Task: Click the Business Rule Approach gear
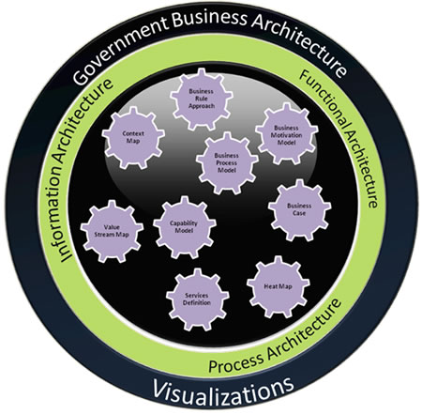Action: pyautogui.click(x=202, y=99)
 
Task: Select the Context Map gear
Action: pyautogui.click(x=133, y=137)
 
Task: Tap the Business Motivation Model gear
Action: pyautogui.click(x=286, y=134)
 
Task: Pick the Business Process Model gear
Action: pyautogui.click(x=227, y=162)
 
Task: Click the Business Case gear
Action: pyautogui.click(x=299, y=209)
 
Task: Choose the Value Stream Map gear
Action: pyautogui.click(x=112, y=231)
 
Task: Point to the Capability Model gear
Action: pyautogui.click(x=185, y=227)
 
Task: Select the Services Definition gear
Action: pyautogui.click(x=197, y=299)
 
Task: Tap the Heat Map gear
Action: pyautogui.click(x=279, y=286)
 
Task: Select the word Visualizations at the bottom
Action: pyautogui.click(x=222, y=391)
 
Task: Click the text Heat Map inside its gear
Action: pyautogui.click(x=278, y=286)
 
